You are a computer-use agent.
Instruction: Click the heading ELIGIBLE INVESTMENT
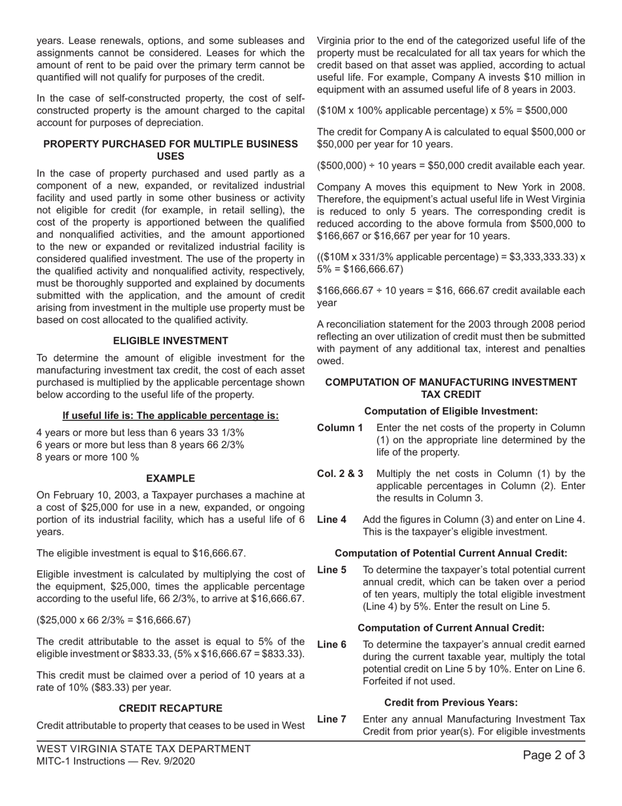click(170, 341)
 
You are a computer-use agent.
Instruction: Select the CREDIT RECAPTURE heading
click(170, 708)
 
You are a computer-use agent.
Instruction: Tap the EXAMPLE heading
click(170, 479)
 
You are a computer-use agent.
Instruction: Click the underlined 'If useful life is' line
click(170, 415)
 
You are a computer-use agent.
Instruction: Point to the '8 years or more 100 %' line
click(88, 457)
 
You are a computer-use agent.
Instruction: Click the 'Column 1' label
click(340, 428)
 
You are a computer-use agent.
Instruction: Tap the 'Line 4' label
click(331, 520)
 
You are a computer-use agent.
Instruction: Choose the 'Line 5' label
click(331, 570)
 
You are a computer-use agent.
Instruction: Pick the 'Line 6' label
click(331, 644)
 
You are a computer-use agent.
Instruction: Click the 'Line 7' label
click(331, 719)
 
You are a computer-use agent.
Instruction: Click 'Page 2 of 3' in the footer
click(554, 756)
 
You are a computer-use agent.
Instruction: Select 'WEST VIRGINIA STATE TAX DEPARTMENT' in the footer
click(143, 749)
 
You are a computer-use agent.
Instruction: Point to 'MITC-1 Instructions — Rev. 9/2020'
click(115, 761)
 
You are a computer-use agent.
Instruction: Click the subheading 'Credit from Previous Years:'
click(451, 702)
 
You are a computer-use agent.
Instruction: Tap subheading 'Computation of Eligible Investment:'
click(451, 411)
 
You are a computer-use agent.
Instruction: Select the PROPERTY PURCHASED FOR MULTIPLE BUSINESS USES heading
click(170, 150)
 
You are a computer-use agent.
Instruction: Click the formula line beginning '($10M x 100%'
click(442, 111)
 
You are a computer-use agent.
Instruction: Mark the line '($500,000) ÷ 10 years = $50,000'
click(450, 166)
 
